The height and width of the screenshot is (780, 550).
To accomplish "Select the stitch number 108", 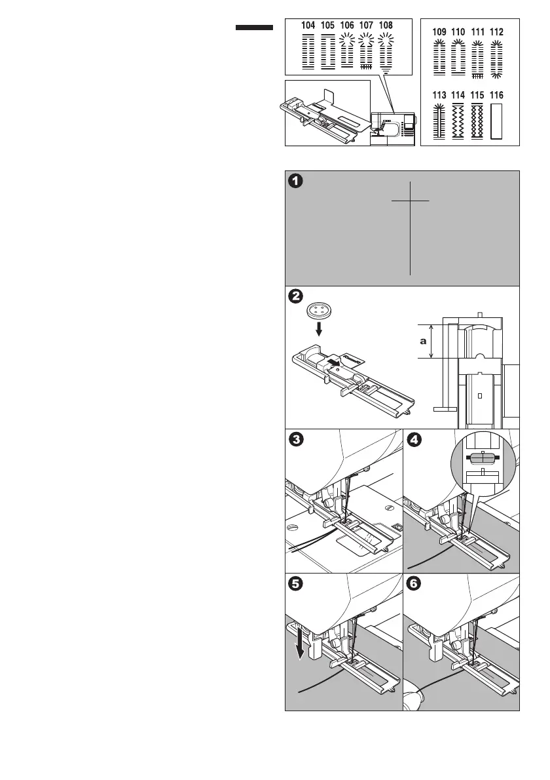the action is point(386,26).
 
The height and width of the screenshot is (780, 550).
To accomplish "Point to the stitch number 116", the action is point(496,95).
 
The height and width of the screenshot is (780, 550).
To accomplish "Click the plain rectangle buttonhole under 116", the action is point(496,121).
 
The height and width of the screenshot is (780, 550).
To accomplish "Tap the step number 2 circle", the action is point(297,297).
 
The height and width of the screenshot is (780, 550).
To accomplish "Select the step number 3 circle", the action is point(297,440).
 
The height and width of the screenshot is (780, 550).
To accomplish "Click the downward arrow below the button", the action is point(319,328).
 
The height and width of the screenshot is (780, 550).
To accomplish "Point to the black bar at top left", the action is point(254,28).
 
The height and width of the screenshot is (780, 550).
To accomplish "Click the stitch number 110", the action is point(458,32).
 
